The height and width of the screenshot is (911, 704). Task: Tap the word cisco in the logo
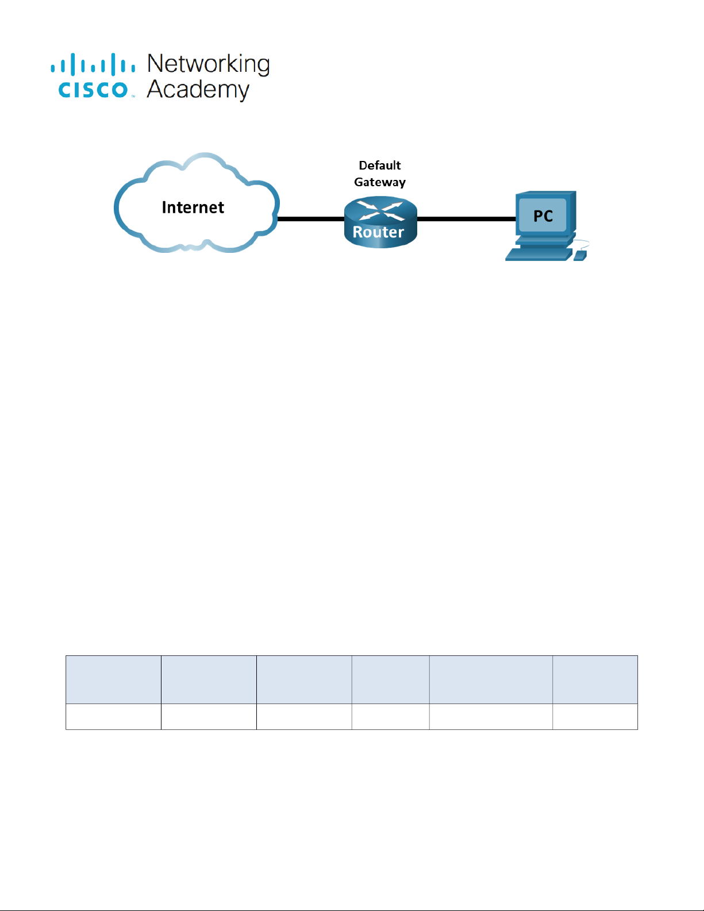(x=93, y=90)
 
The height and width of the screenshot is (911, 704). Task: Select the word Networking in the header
(x=208, y=64)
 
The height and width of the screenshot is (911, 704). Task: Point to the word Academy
(x=198, y=90)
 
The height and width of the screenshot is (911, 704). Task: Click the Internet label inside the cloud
(x=193, y=207)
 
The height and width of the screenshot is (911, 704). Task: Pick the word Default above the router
(x=379, y=166)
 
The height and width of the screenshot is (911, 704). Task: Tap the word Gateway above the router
(x=379, y=182)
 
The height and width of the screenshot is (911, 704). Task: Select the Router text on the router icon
(x=378, y=232)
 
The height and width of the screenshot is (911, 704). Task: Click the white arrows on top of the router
(x=380, y=211)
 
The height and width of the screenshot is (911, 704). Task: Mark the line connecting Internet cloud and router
(x=311, y=218)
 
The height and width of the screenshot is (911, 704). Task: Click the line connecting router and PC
(x=466, y=218)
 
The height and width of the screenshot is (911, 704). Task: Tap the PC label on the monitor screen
(x=543, y=216)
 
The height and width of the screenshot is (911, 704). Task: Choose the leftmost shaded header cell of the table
(x=113, y=679)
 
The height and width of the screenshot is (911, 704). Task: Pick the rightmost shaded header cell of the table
(x=595, y=679)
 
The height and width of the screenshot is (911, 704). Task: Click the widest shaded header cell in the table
(x=491, y=679)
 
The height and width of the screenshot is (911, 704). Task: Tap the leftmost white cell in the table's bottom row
(x=113, y=717)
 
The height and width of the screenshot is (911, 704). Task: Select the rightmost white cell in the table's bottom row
(x=595, y=717)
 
